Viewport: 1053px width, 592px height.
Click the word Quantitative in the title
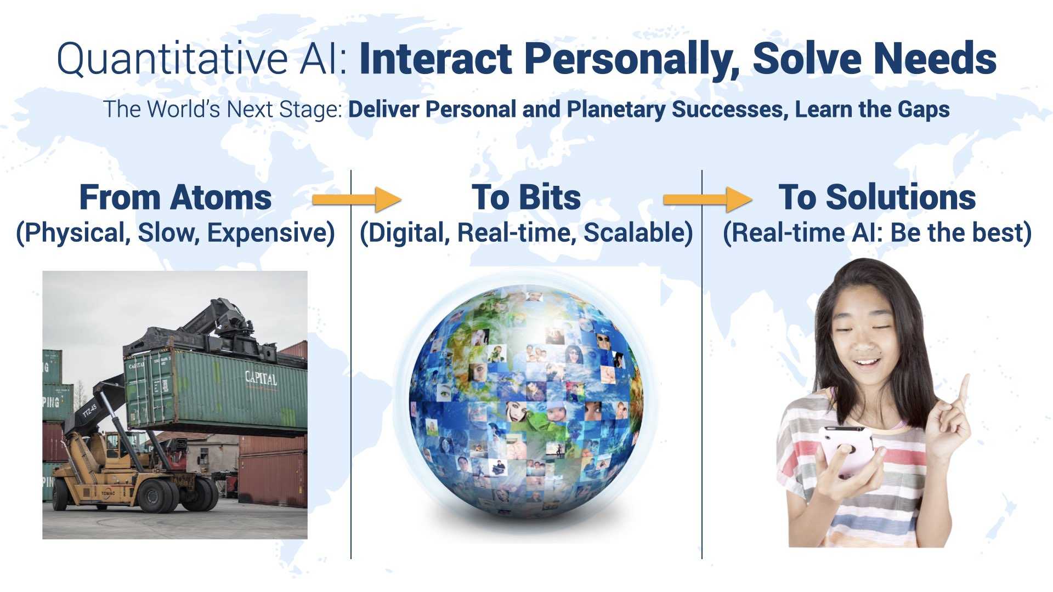tap(172, 59)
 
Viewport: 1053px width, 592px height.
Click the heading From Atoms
tap(175, 197)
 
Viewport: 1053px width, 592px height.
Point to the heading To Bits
tap(526, 197)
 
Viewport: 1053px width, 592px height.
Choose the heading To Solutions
tap(877, 197)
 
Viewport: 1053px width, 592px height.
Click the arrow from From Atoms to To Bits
tap(356, 200)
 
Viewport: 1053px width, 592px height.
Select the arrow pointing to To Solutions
tap(707, 200)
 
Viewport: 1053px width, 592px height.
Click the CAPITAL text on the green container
tap(261, 378)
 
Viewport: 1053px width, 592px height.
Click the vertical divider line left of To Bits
tap(351, 365)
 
